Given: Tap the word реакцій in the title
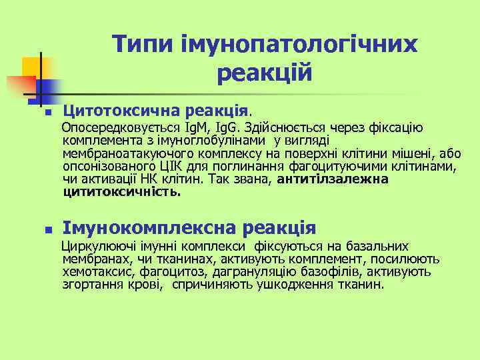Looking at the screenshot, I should coord(265,72).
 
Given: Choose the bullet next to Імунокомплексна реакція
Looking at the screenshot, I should coord(45,229).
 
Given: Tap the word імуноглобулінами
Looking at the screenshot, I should coord(218,141).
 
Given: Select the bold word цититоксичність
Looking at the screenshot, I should coord(121,192).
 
